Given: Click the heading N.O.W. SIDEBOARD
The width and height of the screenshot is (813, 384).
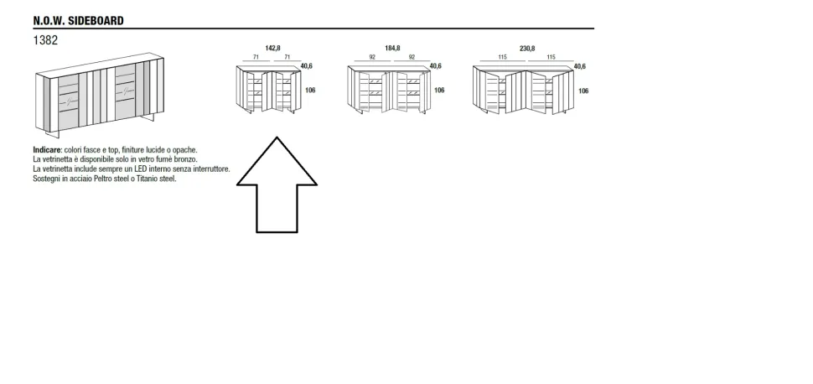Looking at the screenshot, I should point(78,20).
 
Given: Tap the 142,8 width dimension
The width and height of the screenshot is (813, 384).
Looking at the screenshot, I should point(272,49).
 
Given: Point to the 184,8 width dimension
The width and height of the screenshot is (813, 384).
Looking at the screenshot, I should point(392,49).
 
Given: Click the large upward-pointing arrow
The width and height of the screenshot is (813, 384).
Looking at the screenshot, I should point(277,184).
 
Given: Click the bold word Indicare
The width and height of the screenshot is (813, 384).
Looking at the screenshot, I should point(47,150).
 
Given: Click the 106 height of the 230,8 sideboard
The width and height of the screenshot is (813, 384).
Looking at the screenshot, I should point(583,91).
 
